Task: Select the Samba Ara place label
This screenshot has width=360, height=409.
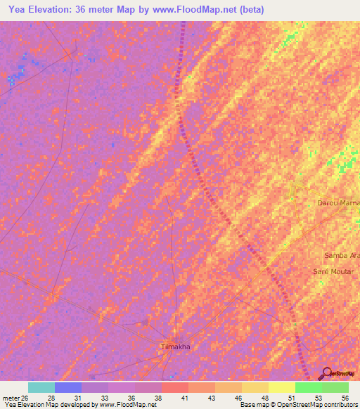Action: (x=341, y=256)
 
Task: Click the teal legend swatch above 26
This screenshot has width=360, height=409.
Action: (x=41, y=387)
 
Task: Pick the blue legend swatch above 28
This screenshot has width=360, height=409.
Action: (x=68, y=387)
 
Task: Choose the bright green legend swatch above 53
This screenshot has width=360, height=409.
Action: (x=308, y=387)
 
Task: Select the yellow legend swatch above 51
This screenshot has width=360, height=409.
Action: (x=281, y=387)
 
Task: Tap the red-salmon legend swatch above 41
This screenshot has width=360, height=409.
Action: (x=174, y=387)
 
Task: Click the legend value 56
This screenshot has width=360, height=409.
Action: (x=345, y=398)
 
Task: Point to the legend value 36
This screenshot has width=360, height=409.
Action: (x=131, y=398)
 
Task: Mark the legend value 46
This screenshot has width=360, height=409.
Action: (x=238, y=398)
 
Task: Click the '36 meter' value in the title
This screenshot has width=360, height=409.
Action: (x=94, y=9)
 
